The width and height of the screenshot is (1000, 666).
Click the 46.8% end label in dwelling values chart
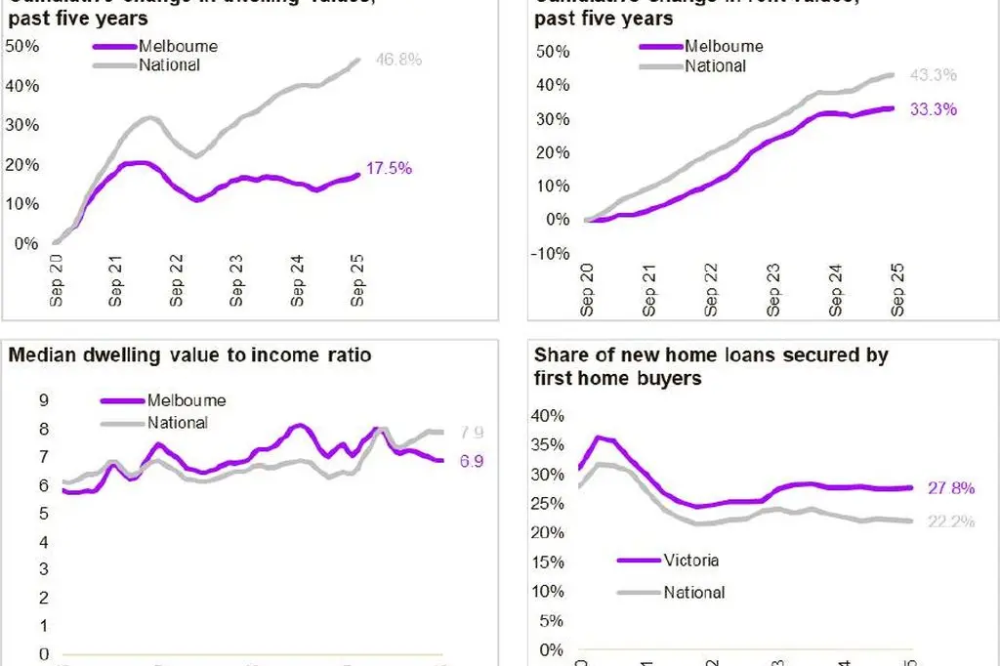click(x=398, y=60)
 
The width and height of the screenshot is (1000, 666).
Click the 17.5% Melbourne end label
click(x=390, y=168)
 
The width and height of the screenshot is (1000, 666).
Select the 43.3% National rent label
click(x=934, y=75)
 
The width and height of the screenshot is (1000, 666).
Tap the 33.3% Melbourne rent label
click(x=934, y=109)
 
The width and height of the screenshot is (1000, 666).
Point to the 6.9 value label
click(x=471, y=460)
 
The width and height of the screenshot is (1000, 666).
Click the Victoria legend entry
click(x=690, y=561)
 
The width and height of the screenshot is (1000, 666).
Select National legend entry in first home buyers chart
click(x=694, y=592)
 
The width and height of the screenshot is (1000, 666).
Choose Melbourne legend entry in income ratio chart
click(x=186, y=400)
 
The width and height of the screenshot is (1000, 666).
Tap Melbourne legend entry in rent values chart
click(x=724, y=46)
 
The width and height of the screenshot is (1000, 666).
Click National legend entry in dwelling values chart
click(x=169, y=65)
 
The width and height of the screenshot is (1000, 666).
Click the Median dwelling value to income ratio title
click(x=189, y=355)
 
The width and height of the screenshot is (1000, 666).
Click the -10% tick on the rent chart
click(x=551, y=253)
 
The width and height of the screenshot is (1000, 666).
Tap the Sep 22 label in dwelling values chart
click(x=177, y=283)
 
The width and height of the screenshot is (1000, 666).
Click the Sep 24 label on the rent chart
click(x=837, y=292)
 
